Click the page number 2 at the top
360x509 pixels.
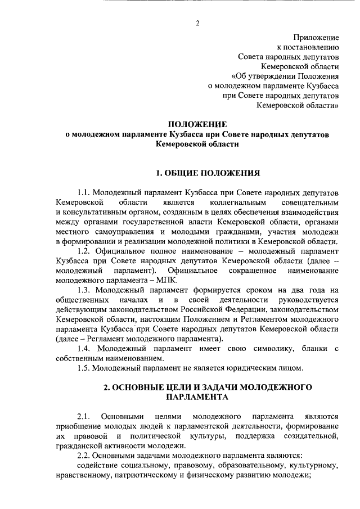(x=197, y=23)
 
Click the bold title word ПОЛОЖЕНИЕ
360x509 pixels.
(x=198, y=124)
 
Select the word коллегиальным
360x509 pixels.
(x=240, y=202)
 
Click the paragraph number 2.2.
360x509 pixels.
(x=84, y=457)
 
